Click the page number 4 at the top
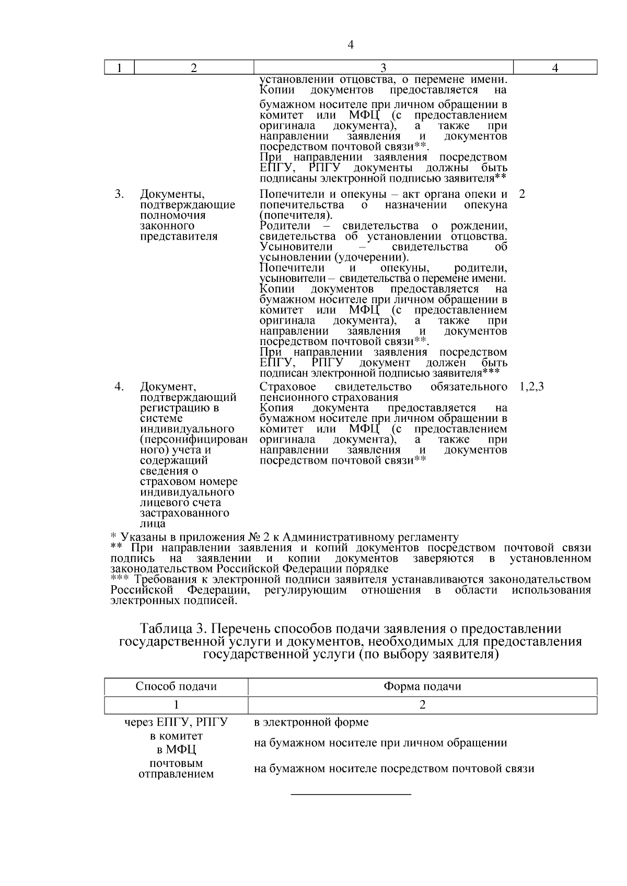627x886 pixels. click(351, 45)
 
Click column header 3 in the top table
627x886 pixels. click(383, 67)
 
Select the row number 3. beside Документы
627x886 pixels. click(119, 194)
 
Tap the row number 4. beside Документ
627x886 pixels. click(119, 386)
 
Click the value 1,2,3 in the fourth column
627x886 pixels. click(532, 386)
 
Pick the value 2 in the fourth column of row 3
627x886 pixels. click(522, 194)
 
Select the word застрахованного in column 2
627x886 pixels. click(184, 513)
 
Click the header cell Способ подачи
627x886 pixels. click(176, 686)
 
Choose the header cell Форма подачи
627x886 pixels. click(422, 686)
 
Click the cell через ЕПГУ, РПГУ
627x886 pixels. click(176, 723)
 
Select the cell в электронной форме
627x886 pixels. click(311, 723)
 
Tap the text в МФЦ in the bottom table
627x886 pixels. click(176, 750)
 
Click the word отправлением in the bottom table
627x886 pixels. click(176, 774)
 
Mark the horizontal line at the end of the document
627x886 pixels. click(351, 795)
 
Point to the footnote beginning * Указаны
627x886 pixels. click(284, 537)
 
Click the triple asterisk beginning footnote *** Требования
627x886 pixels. click(120, 578)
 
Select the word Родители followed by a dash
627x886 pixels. click(285, 226)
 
